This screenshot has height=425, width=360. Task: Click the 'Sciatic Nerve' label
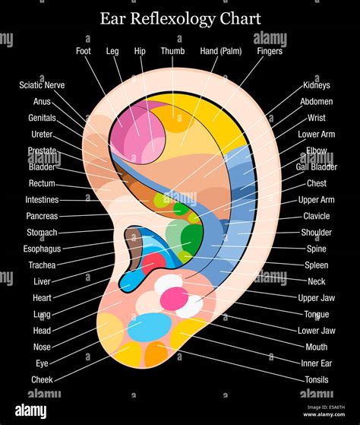tap(42, 85)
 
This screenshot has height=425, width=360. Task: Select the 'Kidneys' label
tap(317, 85)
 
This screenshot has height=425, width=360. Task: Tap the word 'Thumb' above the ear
tap(172, 51)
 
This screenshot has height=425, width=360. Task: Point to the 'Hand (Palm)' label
tap(221, 51)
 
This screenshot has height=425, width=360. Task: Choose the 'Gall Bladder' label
tap(317, 167)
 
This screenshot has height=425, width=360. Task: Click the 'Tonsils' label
tap(317, 379)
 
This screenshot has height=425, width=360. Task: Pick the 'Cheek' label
tap(42, 379)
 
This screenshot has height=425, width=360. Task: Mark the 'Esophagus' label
tap(42, 249)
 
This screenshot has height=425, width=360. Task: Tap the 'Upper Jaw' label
tap(317, 298)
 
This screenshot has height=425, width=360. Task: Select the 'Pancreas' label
tap(42, 216)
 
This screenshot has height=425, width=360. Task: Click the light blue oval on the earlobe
tap(150, 327)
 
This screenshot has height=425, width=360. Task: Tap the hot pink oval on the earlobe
tap(175, 299)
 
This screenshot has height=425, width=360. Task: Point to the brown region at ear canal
tap(134, 249)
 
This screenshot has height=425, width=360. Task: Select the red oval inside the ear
tap(153, 264)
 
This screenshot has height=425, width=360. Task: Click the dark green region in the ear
tap(192, 239)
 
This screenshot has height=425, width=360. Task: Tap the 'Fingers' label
tap(270, 51)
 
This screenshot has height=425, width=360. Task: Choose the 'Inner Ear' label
tap(317, 363)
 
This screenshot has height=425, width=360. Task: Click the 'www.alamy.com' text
tap(324, 414)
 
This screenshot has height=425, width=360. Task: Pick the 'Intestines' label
tap(42, 200)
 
